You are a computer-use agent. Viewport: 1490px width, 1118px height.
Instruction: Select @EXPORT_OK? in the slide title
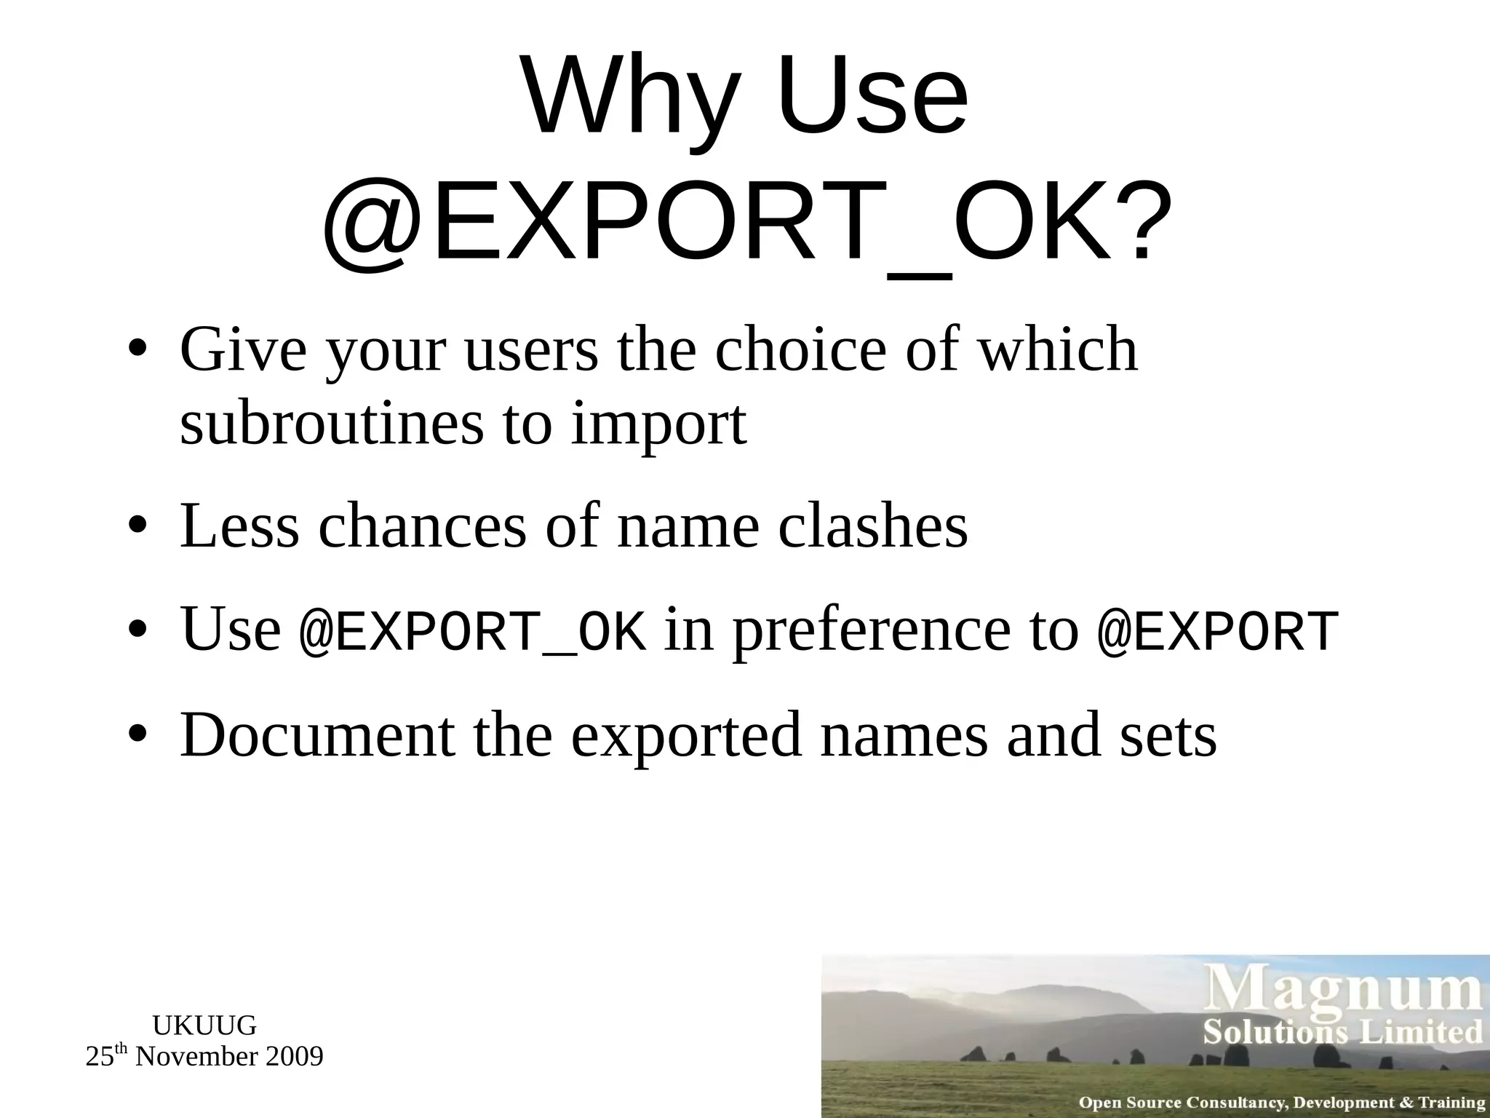[x=746, y=222]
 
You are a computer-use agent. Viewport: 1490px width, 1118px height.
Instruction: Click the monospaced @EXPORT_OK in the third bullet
[x=472, y=631]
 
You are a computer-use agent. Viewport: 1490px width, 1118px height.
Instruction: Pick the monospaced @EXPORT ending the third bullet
[x=1217, y=631]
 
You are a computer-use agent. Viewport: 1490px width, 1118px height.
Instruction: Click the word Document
[x=317, y=735]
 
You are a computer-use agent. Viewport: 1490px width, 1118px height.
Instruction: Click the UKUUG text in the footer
[x=204, y=1026]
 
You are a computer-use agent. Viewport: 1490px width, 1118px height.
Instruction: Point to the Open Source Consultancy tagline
[x=1282, y=1103]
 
